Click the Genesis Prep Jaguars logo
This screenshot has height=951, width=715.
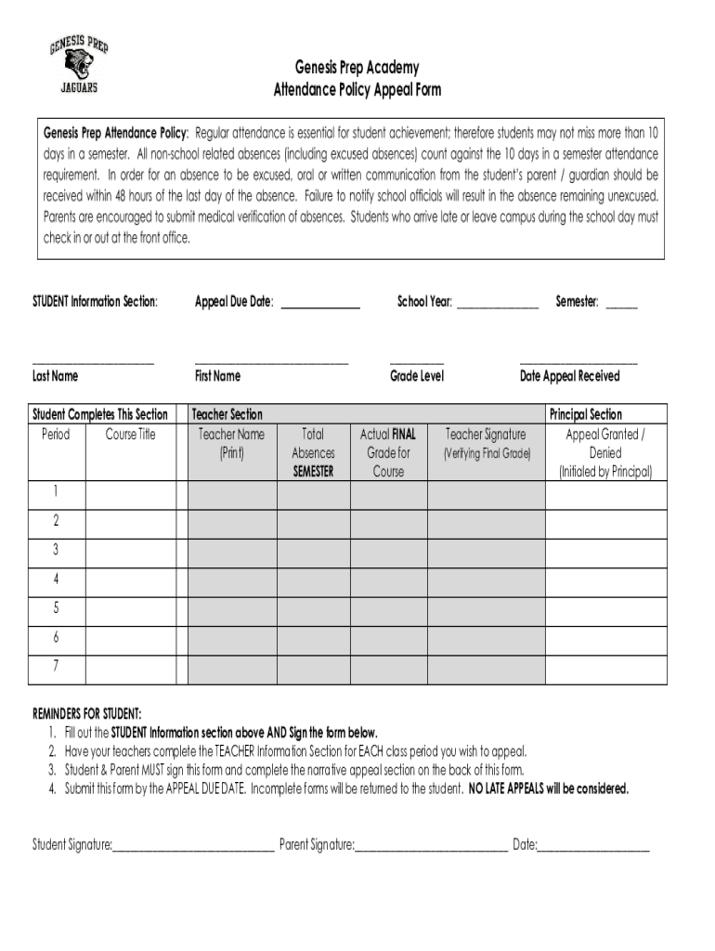pos(78,63)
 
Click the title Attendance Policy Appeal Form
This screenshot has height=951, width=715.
pos(357,90)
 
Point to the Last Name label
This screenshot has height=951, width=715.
pos(56,376)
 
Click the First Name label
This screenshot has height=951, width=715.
pos(217,376)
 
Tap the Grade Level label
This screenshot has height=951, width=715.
pos(416,376)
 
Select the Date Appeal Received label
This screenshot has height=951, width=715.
pos(569,376)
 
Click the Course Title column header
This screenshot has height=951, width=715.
pos(130,435)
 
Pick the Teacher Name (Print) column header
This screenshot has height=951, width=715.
pos(231,443)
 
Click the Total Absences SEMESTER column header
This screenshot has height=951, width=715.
pos(313,452)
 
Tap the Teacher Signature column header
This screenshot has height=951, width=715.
pos(486,435)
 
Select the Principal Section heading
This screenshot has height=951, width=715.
pos(586,415)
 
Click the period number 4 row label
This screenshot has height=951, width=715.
pos(57,580)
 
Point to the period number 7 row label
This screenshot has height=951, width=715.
pos(57,667)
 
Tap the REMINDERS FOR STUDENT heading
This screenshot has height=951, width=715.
pos(87,713)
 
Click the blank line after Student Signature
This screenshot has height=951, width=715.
pos(193,847)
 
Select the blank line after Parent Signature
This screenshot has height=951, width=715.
pos(431,847)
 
